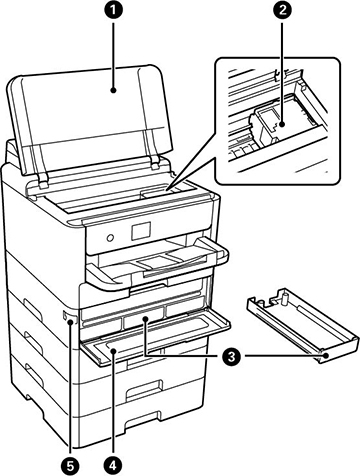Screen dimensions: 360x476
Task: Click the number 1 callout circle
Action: [x=113, y=10]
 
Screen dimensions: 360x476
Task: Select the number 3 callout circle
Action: [x=228, y=356]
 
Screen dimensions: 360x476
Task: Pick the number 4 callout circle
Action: [x=113, y=464]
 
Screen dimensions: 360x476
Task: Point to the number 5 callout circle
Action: [x=71, y=464]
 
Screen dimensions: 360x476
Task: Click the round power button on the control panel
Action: [x=110, y=238]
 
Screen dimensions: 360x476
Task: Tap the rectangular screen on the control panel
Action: [x=141, y=231]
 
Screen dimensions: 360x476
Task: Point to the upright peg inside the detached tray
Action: [x=285, y=299]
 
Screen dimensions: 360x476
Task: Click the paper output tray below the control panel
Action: [x=157, y=263]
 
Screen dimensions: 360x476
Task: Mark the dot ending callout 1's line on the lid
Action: [x=113, y=90]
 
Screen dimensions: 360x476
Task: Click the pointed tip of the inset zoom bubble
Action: [x=166, y=191]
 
